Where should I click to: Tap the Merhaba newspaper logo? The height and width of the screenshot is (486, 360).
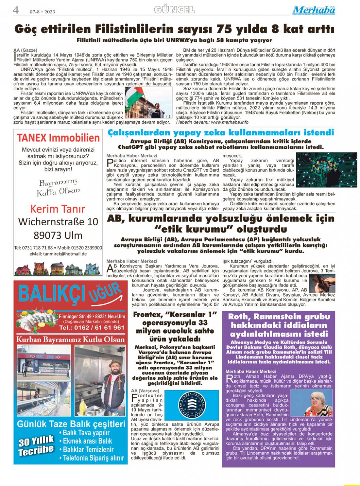[x=314, y=11]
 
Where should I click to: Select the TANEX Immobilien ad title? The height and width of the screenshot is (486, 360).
[x=58, y=138]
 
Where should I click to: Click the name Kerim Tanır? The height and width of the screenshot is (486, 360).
[x=58, y=209]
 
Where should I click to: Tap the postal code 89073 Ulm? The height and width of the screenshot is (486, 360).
[x=58, y=235]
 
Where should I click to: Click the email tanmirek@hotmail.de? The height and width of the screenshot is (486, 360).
[x=58, y=254]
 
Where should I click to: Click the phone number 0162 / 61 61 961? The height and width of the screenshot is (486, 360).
[x=91, y=328]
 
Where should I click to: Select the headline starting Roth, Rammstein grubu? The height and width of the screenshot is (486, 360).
[x=279, y=325]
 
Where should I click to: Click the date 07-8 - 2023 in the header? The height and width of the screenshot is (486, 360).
[x=42, y=12]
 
